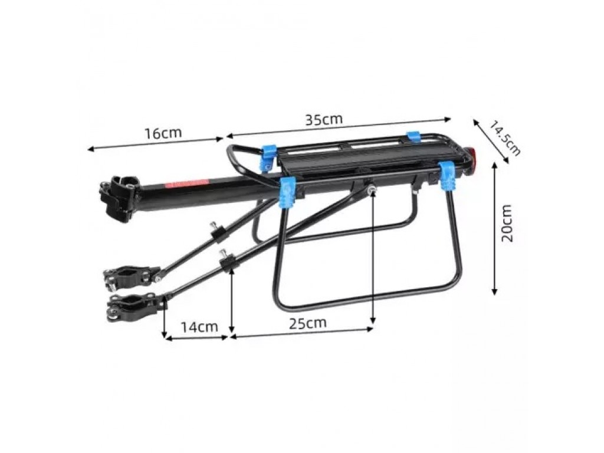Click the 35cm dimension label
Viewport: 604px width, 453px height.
click(324, 119)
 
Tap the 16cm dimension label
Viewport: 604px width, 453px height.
click(163, 133)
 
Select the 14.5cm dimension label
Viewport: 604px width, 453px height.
click(505, 138)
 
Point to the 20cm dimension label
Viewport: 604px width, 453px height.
click(507, 223)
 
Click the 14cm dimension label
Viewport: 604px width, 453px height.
click(199, 327)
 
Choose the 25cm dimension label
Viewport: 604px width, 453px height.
click(308, 323)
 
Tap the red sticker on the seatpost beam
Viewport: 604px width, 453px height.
click(186, 183)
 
